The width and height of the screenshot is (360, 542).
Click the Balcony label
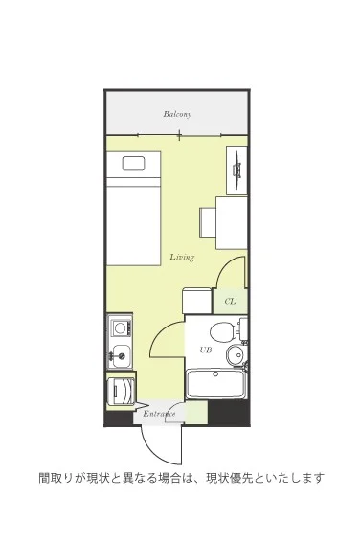click(177, 114)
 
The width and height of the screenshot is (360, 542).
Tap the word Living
click(182, 257)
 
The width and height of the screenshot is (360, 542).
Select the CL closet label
click(230, 302)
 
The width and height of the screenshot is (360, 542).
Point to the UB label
click(205, 350)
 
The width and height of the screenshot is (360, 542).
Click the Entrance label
click(159, 414)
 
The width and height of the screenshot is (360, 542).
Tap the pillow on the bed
click(133, 164)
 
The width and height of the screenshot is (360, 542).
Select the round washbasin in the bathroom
click(236, 353)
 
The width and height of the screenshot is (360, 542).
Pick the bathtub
click(216, 383)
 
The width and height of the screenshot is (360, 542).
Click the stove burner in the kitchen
click(120, 327)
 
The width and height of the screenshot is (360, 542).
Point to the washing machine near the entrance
click(121, 392)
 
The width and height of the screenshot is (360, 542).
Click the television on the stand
click(237, 169)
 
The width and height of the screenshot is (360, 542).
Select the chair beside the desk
click(208, 222)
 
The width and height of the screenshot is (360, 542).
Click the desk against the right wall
click(232, 223)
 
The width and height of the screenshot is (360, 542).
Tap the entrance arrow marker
click(142, 405)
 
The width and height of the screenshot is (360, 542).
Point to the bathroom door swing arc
click(162, 334)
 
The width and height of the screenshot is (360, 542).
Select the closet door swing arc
click(226, 265)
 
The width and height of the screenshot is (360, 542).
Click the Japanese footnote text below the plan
click(182, 478)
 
